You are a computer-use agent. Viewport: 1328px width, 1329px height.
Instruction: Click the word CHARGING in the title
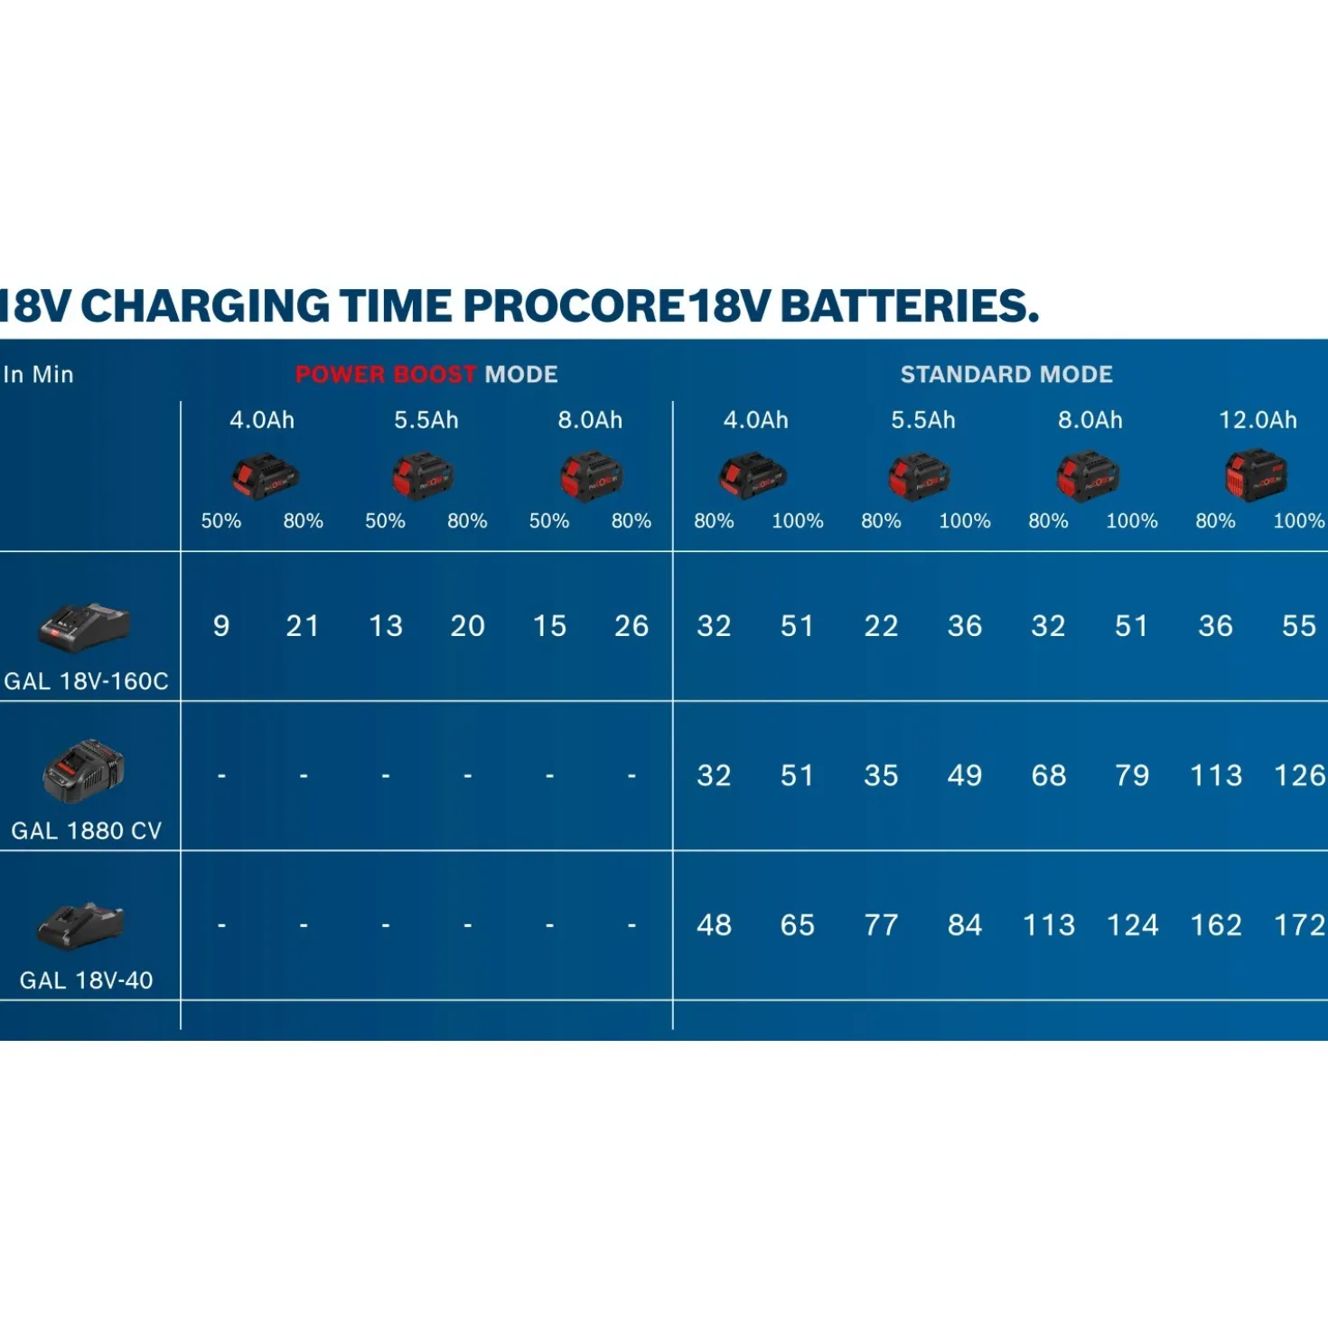pyautogui.click(x=206, y=305)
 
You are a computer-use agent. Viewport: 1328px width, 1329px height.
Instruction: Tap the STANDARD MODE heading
pyautogui.click(x=1005, y=375)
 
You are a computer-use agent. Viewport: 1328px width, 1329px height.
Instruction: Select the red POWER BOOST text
pyautogui.click(x=386, y=375)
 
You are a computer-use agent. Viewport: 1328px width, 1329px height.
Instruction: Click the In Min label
pyautogui.click(x=38, y=375)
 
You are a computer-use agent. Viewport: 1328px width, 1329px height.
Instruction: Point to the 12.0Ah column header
pyautogui.click(x=1258, y=420)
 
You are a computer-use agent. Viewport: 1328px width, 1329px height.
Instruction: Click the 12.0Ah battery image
pyautogui.click(x=1257, y=475)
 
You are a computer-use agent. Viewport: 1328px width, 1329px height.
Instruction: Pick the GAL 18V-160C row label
pyautogui.click(x=86, y=681)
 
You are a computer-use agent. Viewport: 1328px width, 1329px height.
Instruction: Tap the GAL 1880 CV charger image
pyautogui.click(x=84, y=771)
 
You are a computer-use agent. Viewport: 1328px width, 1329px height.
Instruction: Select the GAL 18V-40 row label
pyautogui.click(x=86, y=980)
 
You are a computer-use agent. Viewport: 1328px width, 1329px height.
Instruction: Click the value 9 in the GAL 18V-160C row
pyautogui.click(x=220, y=626)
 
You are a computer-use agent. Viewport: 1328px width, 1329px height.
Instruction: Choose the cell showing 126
pyautogui.click(x=1299, y=775)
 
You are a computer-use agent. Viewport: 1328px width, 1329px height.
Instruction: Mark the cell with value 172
pyautogui.click(x=1299, y=925)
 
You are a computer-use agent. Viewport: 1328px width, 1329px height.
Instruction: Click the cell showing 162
pyautogui.click(x=1216, y=925)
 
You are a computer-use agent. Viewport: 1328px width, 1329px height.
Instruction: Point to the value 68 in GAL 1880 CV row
pyautogui.click(x=1049, y=775)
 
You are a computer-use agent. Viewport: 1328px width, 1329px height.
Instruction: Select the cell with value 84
pyautogui.click(x=965, y=925)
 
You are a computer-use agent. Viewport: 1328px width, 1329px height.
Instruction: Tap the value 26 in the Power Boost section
pyautogui.click(x=631, y=626)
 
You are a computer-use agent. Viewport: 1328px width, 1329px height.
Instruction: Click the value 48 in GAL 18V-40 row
pyautogui.click(x=714, y=925)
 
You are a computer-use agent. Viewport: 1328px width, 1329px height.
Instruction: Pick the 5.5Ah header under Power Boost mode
pyautogui.click(x=426, y=420)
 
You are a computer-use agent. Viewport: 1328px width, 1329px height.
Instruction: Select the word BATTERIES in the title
pyautogui.click(x=909, y=305)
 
